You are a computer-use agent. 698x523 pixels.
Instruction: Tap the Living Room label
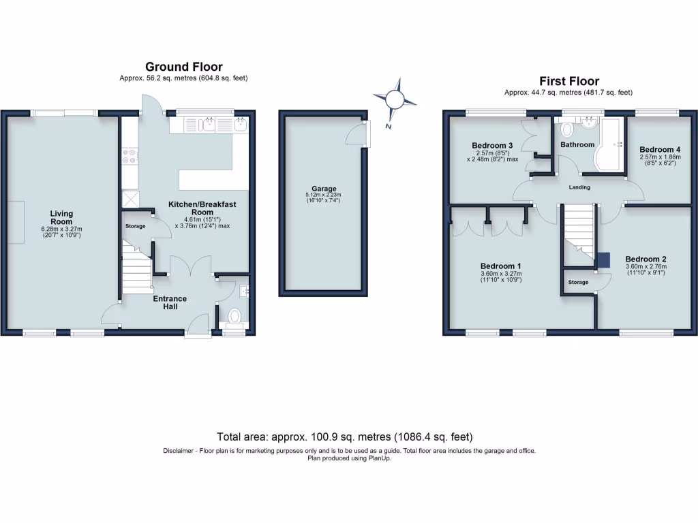pyautogui.click(x=61, y=217)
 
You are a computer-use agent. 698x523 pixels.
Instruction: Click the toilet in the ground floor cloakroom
pyautogui.click(x=234, y=315)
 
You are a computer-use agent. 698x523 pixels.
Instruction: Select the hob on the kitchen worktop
pyautogui.click(x=129, y=157)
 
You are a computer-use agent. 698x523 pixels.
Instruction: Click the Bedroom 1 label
pyautogui.click(x=500, y=266)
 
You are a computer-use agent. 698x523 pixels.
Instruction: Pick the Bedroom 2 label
pyautogui.click(x=646, y=259)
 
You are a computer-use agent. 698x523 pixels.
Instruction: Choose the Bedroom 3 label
pyautogui.click(x=492, y=146)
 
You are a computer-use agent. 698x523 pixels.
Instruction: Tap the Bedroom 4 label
pyautogui.click(x=660, y=149)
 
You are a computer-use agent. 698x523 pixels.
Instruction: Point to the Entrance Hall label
pyautogui.click(x=170, y=302)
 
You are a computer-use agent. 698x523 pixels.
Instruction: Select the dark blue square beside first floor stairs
pyautogui.click(x=604, y=260)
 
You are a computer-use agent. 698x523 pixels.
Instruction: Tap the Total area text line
pyautogui.click(x=344, y=437)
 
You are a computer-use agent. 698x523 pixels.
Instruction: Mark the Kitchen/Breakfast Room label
pyautogui.click(x=202, y=208)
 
